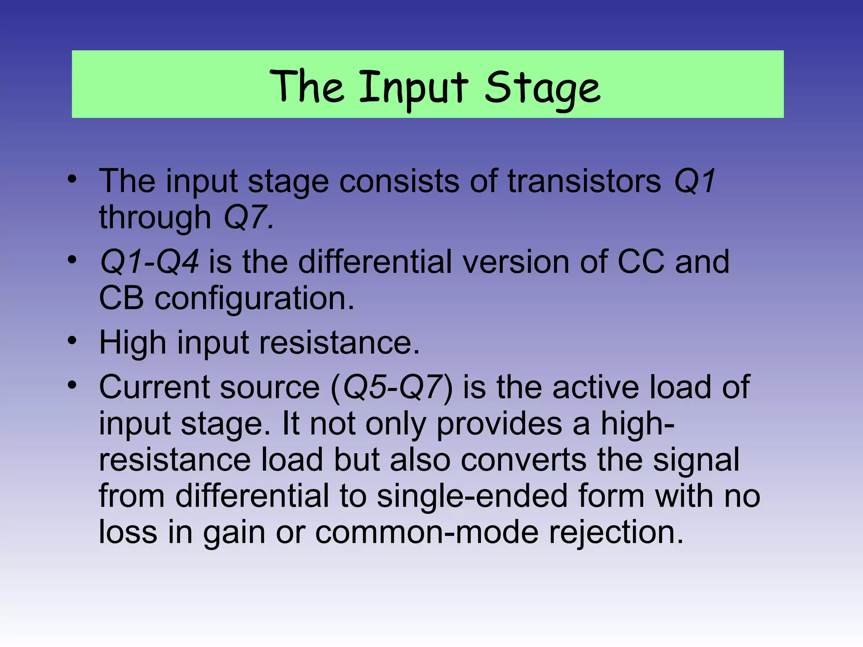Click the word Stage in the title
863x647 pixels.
[542, 88]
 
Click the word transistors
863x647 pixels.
[584, 181]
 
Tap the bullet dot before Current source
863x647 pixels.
[72, 385]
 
